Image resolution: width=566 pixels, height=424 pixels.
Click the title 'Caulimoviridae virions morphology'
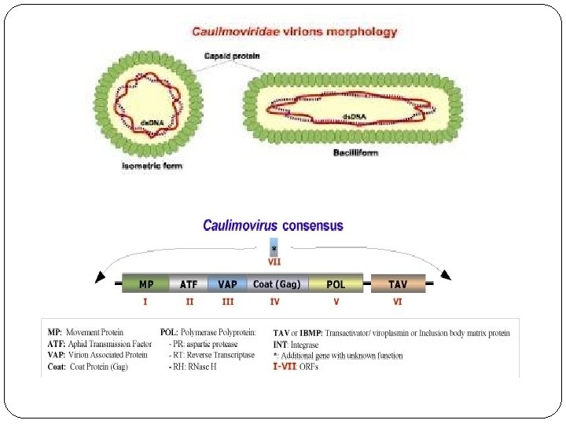pos(295,32)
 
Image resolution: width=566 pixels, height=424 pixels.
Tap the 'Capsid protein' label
pos(232,56)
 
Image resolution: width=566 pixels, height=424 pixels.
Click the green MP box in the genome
pos(146,283)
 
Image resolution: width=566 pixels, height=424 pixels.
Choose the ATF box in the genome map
pos(189,283)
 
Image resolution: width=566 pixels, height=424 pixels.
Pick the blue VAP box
pos(228,283)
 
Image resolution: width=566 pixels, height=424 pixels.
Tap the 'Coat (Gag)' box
pos(276,283)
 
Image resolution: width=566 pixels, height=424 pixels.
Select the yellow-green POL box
pos(336,283)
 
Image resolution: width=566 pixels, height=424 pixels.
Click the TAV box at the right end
pos(398,283)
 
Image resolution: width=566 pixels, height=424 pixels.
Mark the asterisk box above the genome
pos(274,247)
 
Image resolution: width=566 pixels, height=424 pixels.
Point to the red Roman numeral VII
pos(274,262)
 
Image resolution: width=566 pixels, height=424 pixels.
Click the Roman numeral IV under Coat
pos(274,301)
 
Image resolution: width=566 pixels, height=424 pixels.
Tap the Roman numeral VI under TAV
pos(398,301)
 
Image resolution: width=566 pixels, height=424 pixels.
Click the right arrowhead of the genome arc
pos(446,275)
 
